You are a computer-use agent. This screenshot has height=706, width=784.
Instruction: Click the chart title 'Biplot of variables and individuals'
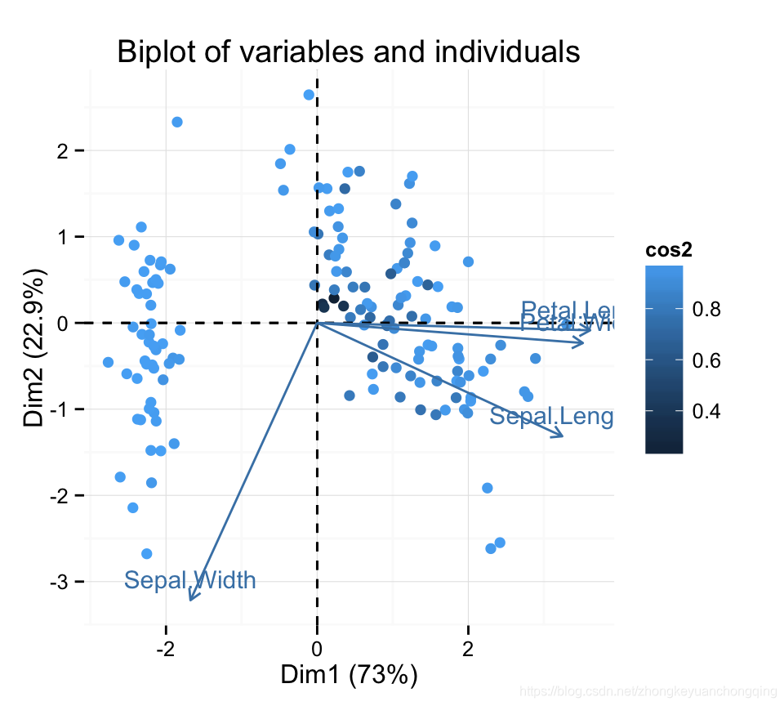[349, 52]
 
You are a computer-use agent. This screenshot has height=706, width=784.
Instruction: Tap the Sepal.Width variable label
[190, 580]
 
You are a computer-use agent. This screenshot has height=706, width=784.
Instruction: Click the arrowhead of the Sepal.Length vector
[563, 436]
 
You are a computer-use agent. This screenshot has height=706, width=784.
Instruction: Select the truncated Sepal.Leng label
[551, 417]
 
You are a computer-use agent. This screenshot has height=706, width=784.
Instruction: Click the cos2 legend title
[669, 251]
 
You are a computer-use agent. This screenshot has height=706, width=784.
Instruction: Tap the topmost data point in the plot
[309, 95]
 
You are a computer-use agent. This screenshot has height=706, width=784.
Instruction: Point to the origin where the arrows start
[317, 323]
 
